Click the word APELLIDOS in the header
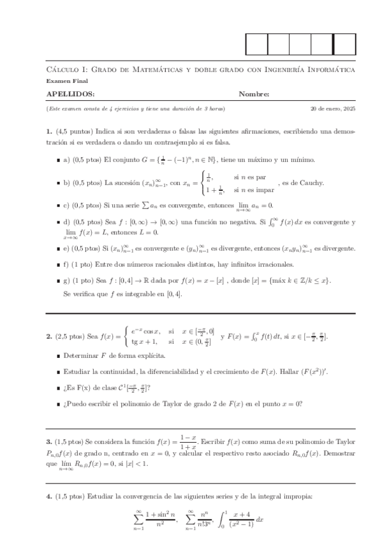pyautogui.click(x=71, y=94)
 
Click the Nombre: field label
pyautogui.click(x=254, y=94)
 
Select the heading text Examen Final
pyautogui.click(x=67, y=81)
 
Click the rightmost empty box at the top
pyautogui.click(x=344, y=43)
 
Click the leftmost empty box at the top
pyautogui.click(x=256, y=43)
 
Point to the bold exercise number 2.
pyautogui.click(x=48, y=336)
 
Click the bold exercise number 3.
pyautogui.click(x=48, y=441)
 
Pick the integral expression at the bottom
pyautogui.click(x=237, y=520)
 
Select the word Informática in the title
pyautogui.click(x=332, y=69)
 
